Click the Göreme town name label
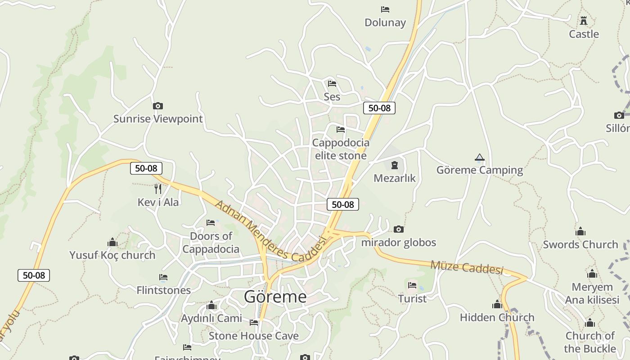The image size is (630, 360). click(x=275, y=297)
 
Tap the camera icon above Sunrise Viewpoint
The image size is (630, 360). click(x=158, y=106)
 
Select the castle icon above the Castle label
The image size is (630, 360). click(x=584, y=21)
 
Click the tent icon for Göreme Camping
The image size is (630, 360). click(x=480, y=157)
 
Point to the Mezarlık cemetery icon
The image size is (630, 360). click(x=395, y=165)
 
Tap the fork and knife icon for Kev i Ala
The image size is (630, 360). click(x=158, y=189)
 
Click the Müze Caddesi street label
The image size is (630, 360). click(x=467, y=267)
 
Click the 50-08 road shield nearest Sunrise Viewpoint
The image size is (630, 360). click(x=146, y=168)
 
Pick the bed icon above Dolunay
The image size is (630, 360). click(x=385, y=9)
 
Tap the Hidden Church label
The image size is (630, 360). click(x=497, y=317)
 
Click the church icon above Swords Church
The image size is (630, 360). click(x=580, y=232)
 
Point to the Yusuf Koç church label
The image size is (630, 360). click(x=112, y=255)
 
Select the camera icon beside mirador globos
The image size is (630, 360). click(x=399, y=229)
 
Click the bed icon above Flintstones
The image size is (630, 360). click(x=163, y=277)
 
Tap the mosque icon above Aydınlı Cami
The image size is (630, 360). click(x=211, y=306)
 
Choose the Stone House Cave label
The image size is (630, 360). click(x=253, y=336)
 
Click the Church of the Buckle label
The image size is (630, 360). click(x=590, y=342)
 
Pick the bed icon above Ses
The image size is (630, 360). click(x=332, y=83)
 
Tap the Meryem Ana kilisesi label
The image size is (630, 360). click(x=592, y=293)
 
